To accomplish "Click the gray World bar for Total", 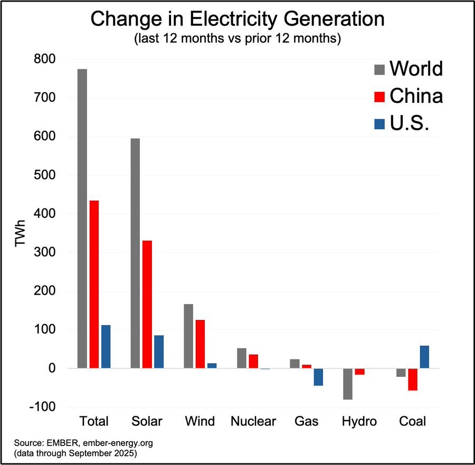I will pos(82,219).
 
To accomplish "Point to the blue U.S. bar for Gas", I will pos(318,377).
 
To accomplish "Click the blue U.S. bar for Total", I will pos(106,346).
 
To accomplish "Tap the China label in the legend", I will pos(416,96).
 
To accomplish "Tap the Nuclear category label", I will pos(253,421).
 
